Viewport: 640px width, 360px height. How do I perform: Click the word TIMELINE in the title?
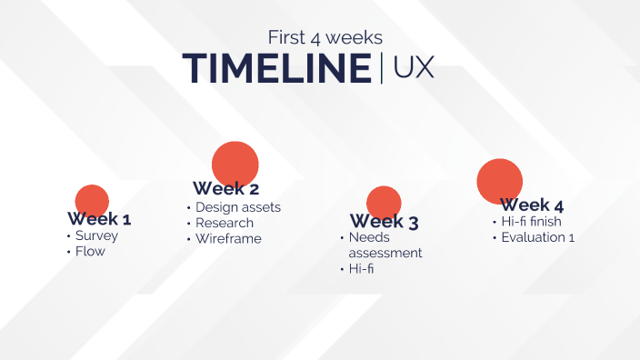click(x=276, y=69)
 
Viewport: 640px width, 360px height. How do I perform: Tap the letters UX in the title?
click(x=414, y=69)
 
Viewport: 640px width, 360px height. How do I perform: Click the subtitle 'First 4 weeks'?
click(x=325, y=37)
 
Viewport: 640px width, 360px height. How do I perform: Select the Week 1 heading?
click(x=99, y=219)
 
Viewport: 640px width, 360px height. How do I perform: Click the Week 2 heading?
click(x=225, y=189)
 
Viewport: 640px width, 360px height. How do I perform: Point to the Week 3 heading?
click(x=384, y=222)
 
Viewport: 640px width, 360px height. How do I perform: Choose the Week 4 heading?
click(x=532, y=205)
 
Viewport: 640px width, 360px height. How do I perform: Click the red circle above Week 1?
click(x=92, y=199)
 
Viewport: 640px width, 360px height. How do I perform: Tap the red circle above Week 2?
click(x=235, y=162)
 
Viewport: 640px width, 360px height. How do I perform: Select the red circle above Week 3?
click(x=384, y=201)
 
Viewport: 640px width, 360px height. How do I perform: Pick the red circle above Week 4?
click(x=500, y=180)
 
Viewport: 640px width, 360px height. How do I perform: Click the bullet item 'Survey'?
click(x=96, y=236)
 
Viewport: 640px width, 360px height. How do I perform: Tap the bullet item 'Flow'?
click(x=90, y=252)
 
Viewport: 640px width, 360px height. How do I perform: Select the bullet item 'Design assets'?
click(x=237, y=207)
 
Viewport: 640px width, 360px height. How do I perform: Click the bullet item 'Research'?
click(x=225, y=223)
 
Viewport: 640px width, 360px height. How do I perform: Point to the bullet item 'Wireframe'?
click(x=228, y=239)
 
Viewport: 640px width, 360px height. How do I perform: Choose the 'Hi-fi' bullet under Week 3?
click(x=361, y=269)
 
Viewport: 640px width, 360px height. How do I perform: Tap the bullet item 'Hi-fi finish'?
click(x=531, y=222)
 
